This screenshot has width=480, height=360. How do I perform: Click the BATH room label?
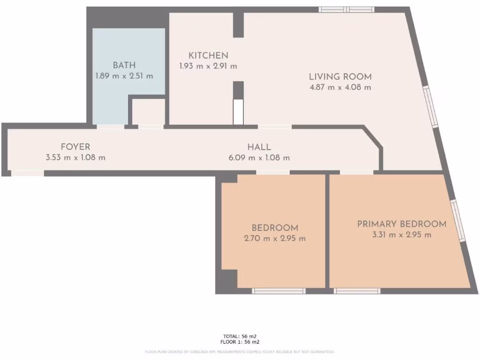pos(124,65)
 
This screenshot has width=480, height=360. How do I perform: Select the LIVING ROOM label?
pos(340,76)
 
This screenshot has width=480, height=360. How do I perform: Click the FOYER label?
pos(75,147)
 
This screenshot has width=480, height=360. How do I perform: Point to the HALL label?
pos(259,147)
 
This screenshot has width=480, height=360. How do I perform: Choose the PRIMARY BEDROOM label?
pos(401,224)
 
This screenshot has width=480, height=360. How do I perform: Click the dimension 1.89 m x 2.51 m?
pos(124,76)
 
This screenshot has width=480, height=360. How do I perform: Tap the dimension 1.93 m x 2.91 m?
pos(208,66)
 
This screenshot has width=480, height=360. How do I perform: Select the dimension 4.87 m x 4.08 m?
pos(340,87)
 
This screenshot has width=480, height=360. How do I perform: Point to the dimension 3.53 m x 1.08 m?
pos(75,157)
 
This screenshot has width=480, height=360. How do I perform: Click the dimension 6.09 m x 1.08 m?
pos(259,157)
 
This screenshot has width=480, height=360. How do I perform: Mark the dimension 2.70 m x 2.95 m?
pos(275,239)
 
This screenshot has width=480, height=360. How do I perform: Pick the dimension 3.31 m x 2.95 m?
pos(401,235)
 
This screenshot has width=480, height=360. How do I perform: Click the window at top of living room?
pos(346,9)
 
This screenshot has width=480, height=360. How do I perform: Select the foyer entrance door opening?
pos(28,173)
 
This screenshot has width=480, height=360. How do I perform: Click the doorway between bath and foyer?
pos(111,126)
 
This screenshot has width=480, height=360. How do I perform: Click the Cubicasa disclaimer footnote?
pos(240,352)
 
